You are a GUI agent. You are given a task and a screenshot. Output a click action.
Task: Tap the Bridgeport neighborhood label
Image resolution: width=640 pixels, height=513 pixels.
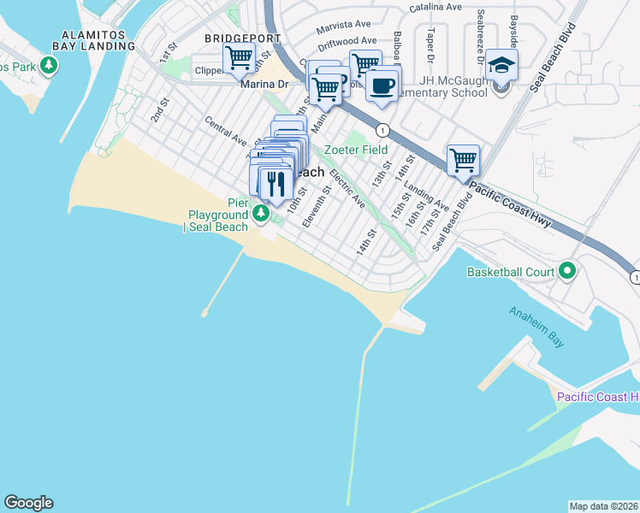(x=241, y=39)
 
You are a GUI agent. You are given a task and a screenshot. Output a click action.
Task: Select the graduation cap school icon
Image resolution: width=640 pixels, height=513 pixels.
(x=502, y=65)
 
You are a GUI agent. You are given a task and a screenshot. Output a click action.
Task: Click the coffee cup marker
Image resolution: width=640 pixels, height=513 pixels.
(x=382, y=85)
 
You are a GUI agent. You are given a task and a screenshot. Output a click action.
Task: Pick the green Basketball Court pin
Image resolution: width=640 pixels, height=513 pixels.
(x=567, y=272)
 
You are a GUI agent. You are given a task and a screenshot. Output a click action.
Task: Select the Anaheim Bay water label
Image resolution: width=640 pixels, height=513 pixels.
(x=536, y=326)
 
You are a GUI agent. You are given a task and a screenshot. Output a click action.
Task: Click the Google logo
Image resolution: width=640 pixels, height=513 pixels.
(x=28, y=503)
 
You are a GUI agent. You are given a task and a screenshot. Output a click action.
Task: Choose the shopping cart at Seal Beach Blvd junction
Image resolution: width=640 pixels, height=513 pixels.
(x=463, y=159)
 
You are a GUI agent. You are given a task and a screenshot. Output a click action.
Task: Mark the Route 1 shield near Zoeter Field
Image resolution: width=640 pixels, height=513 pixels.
(x=383, y=130)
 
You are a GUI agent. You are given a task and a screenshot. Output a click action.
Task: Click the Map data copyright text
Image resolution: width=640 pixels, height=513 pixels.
(x=603, y=505)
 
